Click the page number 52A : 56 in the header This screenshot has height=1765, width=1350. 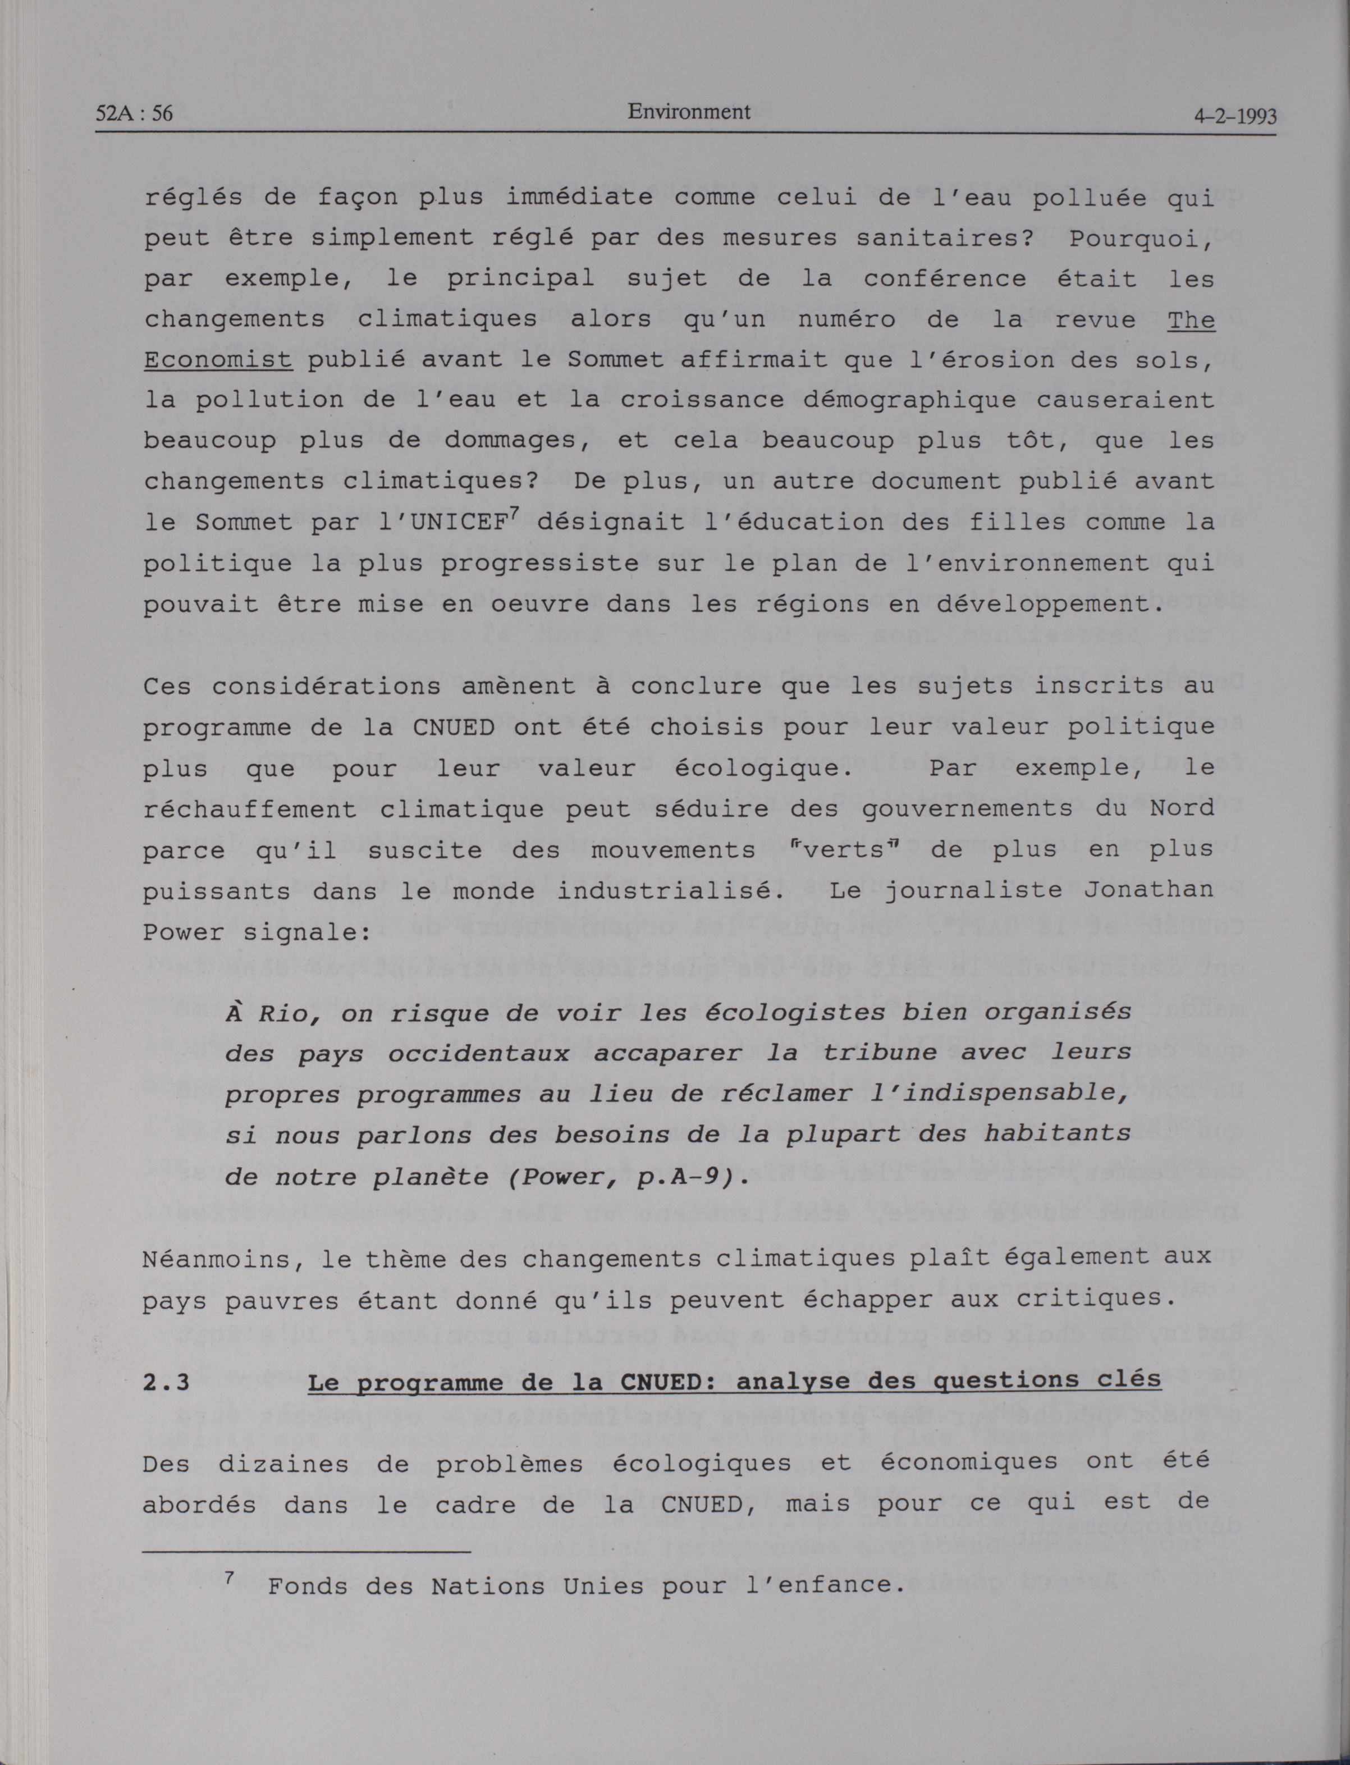[134, 113]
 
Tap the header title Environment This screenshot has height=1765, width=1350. [689, 112]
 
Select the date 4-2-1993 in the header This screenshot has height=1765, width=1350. [1234, 117]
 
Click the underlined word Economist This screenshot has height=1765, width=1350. [218, 359]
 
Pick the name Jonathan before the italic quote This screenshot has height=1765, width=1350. [1148, 890]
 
